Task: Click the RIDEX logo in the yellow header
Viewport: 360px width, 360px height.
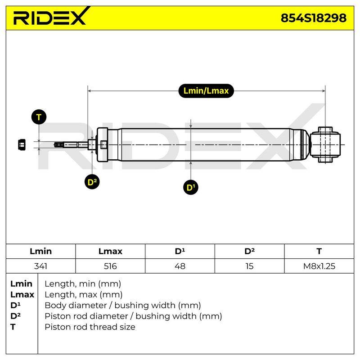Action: [51, 17]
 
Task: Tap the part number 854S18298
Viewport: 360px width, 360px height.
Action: [313, 18]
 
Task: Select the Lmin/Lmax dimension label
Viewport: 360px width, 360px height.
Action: [206, 91]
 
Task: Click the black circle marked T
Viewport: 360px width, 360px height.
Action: [39, 117]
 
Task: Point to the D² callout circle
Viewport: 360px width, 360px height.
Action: [92, 182]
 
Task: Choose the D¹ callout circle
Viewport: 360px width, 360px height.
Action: [191, 187]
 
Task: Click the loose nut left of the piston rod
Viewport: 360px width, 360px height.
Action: [22, 144]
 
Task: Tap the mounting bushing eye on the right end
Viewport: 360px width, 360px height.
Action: [325, 144]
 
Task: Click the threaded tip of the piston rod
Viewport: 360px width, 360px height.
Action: [59, 144]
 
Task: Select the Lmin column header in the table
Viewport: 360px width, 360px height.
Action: [40, 251]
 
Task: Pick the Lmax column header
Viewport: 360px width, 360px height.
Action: [110, 251]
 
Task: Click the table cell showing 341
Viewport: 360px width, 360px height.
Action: [40, 266]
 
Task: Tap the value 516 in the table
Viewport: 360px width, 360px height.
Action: [110, 266]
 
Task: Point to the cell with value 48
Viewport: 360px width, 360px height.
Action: [180, 266]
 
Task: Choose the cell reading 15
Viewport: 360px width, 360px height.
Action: [249, 266]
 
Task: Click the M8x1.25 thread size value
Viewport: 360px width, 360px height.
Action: [319, 266]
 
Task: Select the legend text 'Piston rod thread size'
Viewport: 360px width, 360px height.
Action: [90, 327]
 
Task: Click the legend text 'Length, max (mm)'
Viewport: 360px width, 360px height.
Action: [83, 295]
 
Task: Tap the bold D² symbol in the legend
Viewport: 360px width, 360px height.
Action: [15, 316]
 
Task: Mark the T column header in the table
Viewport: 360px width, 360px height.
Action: [319, 251]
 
